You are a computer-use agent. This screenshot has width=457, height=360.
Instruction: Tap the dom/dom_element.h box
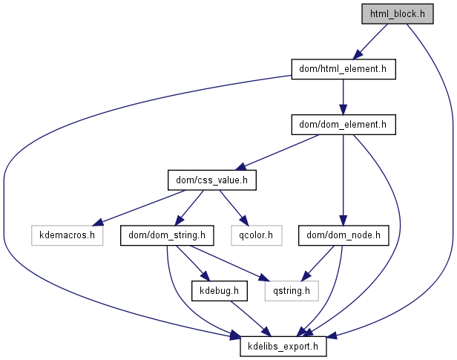click(x=343, y=125)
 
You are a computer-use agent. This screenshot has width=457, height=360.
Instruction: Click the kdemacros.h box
click(x=67, y=236)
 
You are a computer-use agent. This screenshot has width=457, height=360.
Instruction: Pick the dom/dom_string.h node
click(x=168, y=236)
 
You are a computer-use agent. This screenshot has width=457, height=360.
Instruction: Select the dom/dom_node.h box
click(x=343, y=236)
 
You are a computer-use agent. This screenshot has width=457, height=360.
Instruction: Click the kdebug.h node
click(x=220, y=291)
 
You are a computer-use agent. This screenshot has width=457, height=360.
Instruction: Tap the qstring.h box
click(x=292, y=291)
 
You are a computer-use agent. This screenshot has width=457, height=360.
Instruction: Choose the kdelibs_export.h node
click(x=283, y=347)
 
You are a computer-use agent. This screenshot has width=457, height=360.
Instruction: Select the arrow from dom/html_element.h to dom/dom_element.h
click(x=343, y=96)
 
